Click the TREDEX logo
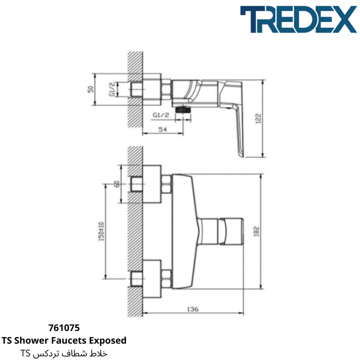(298, 19)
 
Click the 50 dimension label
(91, 89)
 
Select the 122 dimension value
(258, 118)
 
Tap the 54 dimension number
(163, 130)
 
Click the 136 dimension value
(193, 309)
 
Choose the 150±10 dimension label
(101, 231)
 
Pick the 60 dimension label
(117, 184)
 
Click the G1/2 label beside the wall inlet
(112, 89)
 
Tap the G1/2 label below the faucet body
(161, 115)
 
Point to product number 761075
(64, 328)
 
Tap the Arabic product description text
(64, 354)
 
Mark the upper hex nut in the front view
(166, 184)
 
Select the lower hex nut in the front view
(166, 279)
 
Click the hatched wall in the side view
(135, 90)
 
